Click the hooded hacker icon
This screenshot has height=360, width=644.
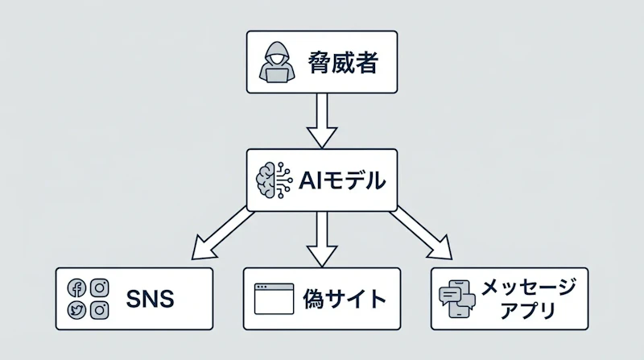(x=276, y=63)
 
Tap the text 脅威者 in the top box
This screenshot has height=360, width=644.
(x=342, y=63)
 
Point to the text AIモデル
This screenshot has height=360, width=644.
(x=341, y=180)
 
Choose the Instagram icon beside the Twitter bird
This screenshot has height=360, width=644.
(x=100, y=309)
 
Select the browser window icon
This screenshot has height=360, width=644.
(x=272, y=299)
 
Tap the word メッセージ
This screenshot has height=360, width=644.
(x=528, y=287)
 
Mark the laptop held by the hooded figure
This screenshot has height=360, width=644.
(x=276, y=73)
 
